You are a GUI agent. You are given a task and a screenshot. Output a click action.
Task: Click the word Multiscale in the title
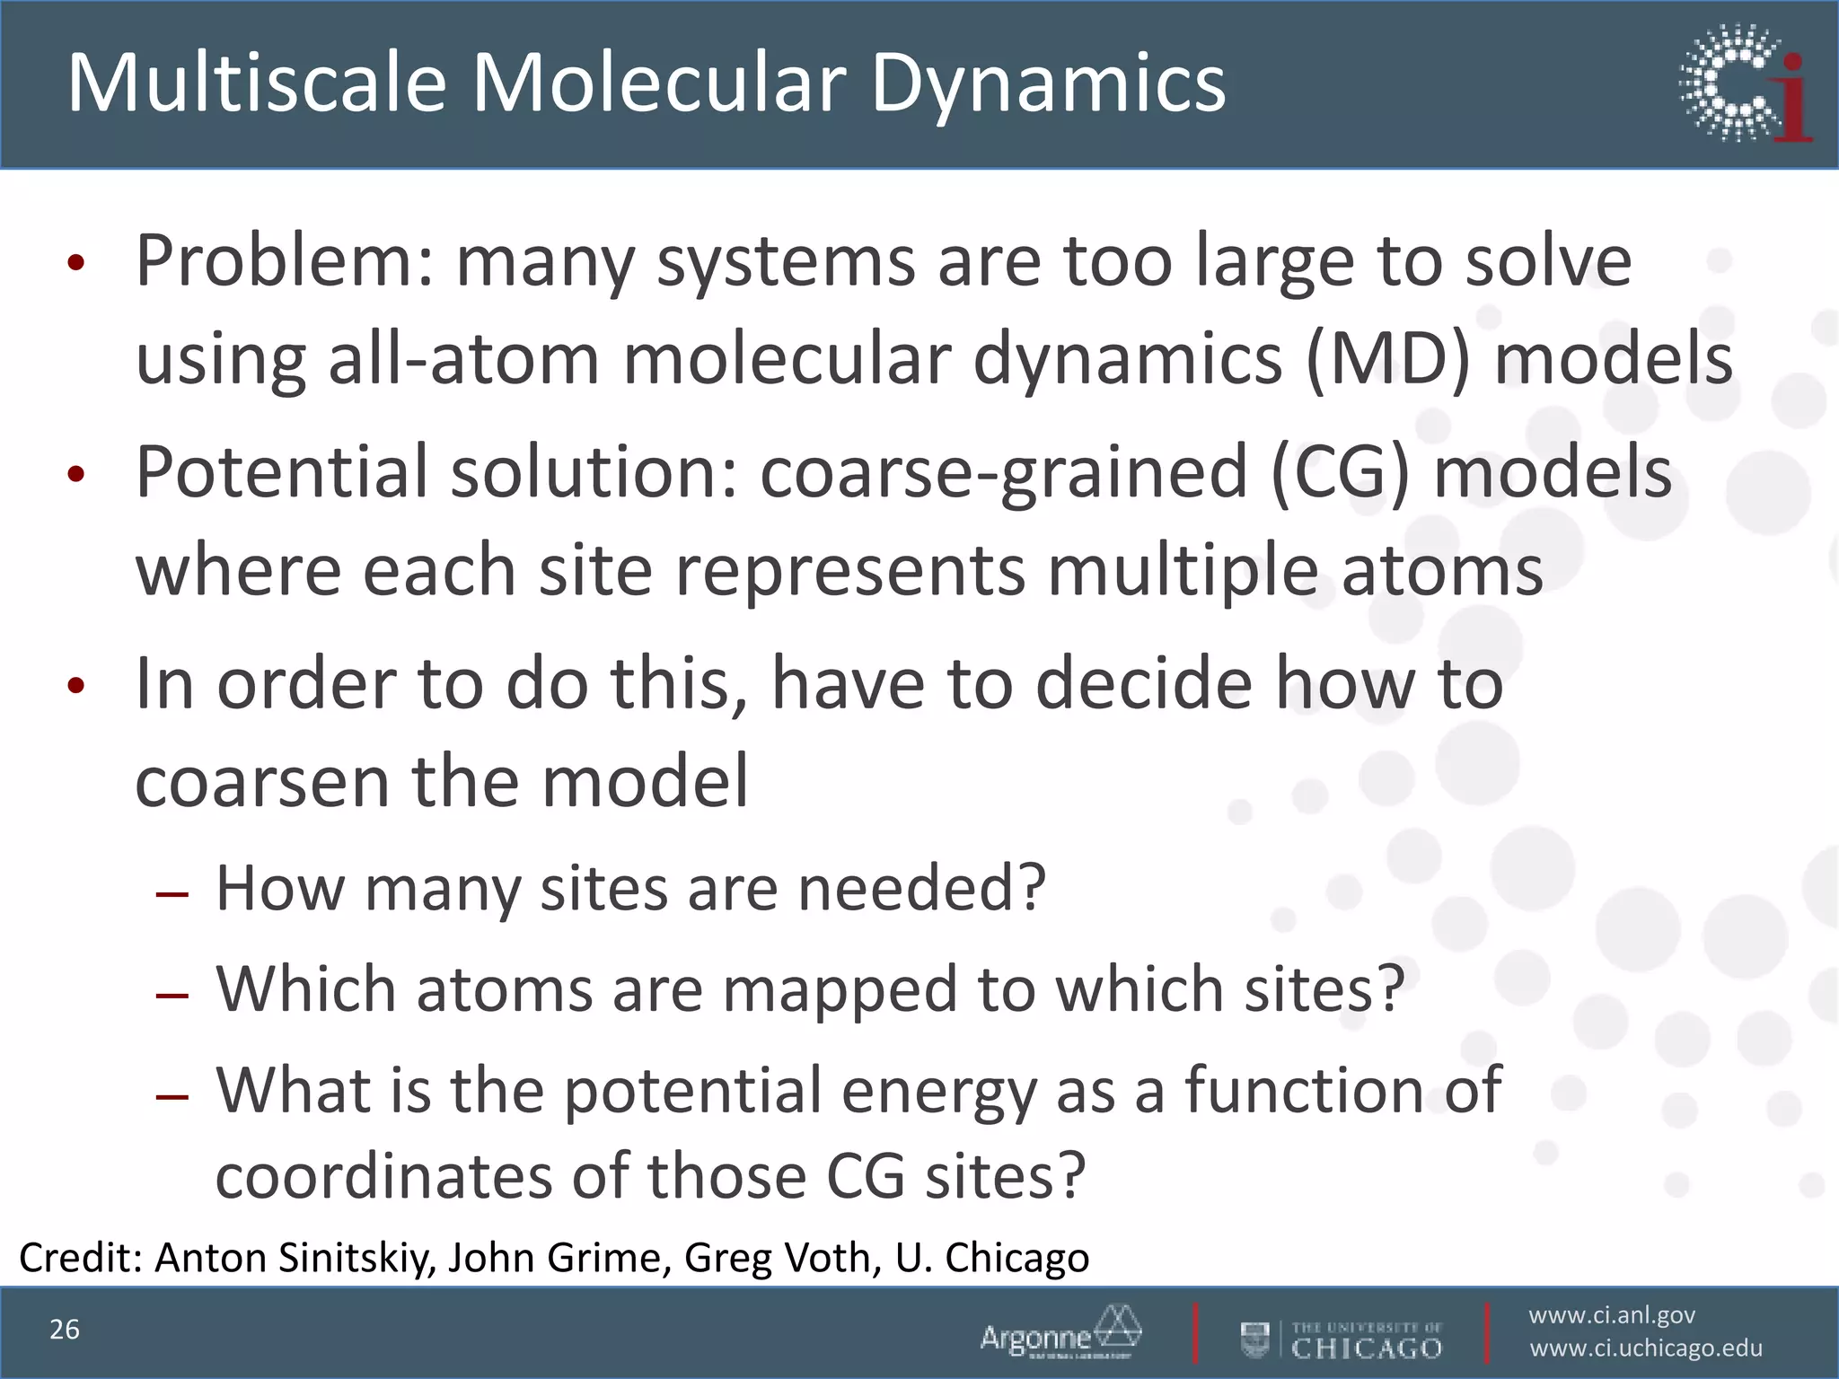[x=257, y=83]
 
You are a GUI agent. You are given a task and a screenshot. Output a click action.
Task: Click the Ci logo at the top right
[x=1745, y=83]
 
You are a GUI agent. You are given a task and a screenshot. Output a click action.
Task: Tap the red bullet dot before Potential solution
[x=76, y=475]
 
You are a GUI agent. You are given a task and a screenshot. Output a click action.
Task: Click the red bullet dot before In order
[x=76, y=687]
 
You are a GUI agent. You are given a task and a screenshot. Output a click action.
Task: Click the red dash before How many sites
[x=172, y=894]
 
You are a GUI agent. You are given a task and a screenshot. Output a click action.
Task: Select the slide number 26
[x=65, y=1330]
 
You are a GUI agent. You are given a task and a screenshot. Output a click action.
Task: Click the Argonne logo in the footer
[x=1060, y=1332]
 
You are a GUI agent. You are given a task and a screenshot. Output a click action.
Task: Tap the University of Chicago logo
[x=1342, y=1339]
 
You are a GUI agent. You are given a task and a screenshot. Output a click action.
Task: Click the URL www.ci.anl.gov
[x=1612, y=1315]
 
